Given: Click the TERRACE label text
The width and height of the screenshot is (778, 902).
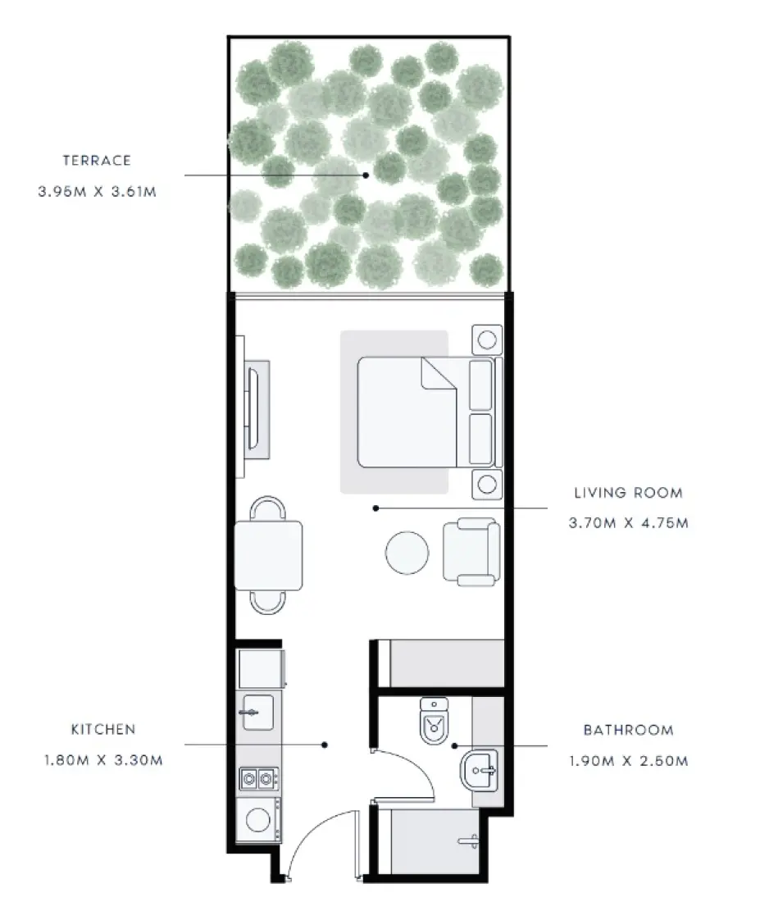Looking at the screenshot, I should (x=96, y=161).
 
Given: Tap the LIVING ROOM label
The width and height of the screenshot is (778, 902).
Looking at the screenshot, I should (x=628, y=493).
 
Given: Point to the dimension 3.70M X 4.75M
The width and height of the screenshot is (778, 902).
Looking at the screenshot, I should (x=628, y=522).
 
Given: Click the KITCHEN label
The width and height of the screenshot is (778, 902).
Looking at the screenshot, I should (x=103, y=729).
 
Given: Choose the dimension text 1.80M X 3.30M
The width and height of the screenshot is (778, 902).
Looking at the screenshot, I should (x=103, y=759).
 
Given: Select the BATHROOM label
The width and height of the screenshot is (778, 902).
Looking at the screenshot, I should (x=628, y=730).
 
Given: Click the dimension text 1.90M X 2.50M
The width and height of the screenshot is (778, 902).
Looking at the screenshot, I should (x=628, y=760).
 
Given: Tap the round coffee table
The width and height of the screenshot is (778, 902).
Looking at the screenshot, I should (x=407, y=553).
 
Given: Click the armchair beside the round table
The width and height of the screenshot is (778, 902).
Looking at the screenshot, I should (x=471, y=552).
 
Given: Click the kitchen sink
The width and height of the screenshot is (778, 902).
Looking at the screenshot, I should (x=257, y=712).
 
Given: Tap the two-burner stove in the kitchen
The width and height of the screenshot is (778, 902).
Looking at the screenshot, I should (x=259, y=777).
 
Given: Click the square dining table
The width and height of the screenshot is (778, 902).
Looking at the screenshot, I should (x=268, y=555).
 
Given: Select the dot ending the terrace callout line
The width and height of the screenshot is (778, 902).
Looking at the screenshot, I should (x=366, y=175).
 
